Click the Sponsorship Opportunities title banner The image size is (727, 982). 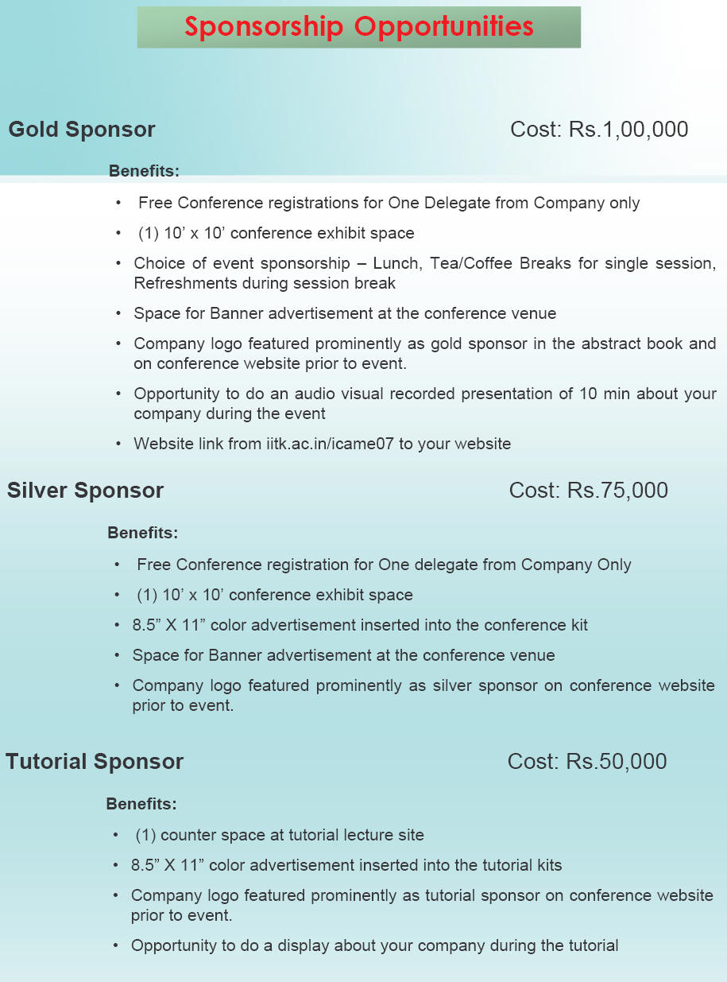point(358,27)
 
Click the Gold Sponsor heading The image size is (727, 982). point(82,130)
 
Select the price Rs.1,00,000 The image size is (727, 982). point(628,130)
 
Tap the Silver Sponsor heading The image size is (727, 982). point(85,491)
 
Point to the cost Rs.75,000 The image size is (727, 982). point(617,491)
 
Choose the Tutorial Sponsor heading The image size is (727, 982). point(95,762)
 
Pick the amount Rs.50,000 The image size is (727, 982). point(617,762)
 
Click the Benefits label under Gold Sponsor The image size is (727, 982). point(144,170)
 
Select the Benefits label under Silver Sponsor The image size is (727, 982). point(142,533)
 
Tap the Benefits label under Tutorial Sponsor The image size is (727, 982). point(141,804)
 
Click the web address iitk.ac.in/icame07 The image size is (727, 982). point(331,444)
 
